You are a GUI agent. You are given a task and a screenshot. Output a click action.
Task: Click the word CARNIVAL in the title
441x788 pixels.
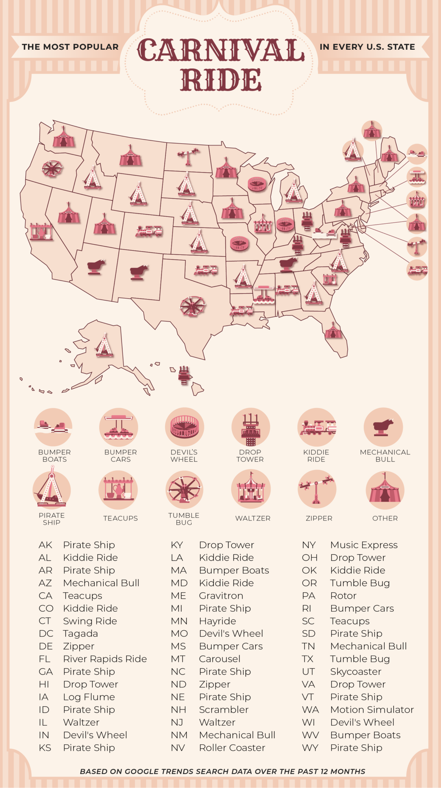point(220,50)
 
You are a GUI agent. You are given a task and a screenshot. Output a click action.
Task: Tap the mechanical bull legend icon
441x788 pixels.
point(383,427)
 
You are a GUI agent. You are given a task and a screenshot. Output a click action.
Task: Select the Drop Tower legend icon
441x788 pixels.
point(251,428)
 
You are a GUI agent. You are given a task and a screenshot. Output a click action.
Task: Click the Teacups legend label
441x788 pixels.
point(121,518)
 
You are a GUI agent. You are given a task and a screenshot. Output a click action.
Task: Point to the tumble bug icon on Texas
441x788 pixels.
point(193,306)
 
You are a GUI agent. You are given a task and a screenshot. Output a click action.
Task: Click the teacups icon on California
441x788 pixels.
point(41,231)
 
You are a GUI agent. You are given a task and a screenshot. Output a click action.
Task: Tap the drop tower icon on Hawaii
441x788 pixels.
point(184,375)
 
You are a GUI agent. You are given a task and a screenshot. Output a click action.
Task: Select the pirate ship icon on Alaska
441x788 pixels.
point(104,345)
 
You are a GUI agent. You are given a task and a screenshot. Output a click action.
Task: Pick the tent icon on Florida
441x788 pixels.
point(333,331)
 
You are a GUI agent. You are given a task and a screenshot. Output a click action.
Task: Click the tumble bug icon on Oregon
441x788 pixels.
point(52,168)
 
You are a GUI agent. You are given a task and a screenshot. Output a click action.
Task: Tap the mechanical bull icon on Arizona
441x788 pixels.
point(96,266)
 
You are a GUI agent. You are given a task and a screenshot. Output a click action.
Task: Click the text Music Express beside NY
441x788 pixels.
point(364,545)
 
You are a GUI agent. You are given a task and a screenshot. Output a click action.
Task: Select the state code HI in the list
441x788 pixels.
point(44,684)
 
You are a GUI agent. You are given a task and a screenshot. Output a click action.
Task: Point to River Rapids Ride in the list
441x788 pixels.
point(105,659)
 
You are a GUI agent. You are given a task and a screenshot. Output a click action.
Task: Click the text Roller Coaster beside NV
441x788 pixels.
point(232,748)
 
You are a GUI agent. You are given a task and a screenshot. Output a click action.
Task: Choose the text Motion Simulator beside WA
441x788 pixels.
point(372,710)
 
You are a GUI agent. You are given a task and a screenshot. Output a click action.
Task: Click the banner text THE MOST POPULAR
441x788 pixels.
point(70,47)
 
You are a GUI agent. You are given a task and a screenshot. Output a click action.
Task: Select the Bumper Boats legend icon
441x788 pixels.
point(53,427)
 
